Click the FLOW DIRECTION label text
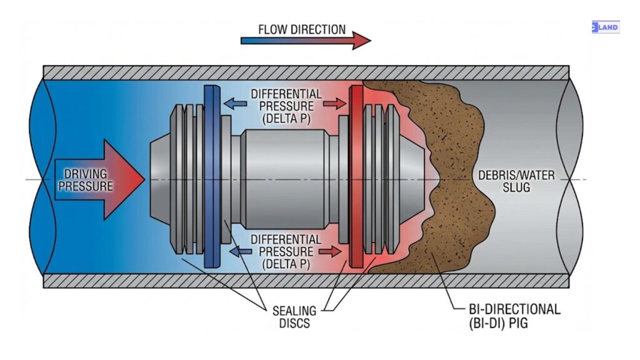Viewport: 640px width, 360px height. [x=301, y=29]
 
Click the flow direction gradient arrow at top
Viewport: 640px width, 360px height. [x=305, y=41]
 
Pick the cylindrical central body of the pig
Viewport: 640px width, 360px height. [x=284, y=178]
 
